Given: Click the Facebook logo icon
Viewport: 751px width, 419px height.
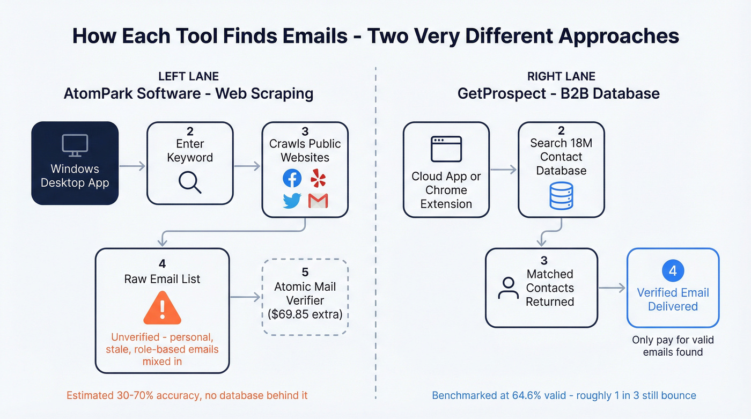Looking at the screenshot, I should [x=292, y=178].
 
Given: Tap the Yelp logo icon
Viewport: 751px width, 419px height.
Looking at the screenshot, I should [x=318, y=178].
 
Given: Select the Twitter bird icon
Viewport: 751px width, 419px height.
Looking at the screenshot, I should [x=292, y=201].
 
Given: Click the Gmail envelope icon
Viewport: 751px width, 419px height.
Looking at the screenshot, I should [x=318, y=201].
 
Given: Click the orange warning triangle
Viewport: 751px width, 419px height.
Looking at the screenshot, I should [x=162, y=308].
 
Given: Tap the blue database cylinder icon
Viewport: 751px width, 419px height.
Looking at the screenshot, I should [x=561, y=195].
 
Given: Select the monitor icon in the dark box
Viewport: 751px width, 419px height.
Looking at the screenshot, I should [x=75, y=145].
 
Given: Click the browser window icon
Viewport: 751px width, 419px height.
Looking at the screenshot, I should [x=446, y=149].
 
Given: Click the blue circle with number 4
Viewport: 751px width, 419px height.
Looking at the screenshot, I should [x=673, y=271].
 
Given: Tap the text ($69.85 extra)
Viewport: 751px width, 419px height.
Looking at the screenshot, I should [x=305, y=314].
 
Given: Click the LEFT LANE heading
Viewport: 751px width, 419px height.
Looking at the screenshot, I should [x=188, y=76].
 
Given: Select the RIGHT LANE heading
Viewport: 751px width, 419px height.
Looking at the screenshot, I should [x=562, y=76].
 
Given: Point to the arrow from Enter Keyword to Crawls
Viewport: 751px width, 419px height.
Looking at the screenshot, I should [x=247, y=166].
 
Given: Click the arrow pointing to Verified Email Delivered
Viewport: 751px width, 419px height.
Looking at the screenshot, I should [x=612, y=289].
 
